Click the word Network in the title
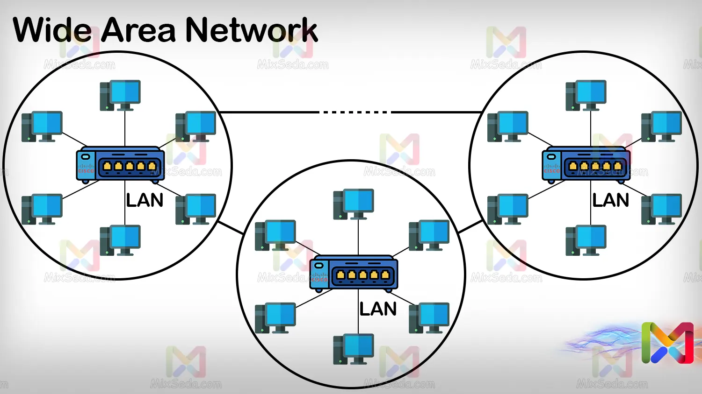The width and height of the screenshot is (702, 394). (251, 30)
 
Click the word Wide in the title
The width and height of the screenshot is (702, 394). (52, 30)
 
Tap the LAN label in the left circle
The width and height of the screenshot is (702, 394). (145, 200)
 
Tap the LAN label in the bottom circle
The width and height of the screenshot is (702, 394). (378, 309)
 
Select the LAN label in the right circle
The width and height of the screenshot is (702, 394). (610, 200)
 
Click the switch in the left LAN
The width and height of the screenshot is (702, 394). (121, 164)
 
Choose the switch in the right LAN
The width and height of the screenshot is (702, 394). (586, 164)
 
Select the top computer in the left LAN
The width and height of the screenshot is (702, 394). (121, 95)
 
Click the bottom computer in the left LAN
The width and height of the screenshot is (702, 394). (121, 240)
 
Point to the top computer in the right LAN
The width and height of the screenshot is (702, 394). (586, 95)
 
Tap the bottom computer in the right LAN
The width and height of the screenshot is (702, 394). (586, 240)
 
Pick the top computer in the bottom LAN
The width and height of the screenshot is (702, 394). (354, 204)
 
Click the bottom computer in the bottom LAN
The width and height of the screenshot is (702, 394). (354, 349)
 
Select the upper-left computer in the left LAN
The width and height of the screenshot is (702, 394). (42, 127)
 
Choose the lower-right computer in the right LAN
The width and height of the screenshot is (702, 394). (661, 209)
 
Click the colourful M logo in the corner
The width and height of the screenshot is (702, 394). (667, 343)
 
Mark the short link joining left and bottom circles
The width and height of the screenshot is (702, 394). (231, 228)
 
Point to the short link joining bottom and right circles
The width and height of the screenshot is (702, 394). (470, 227)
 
